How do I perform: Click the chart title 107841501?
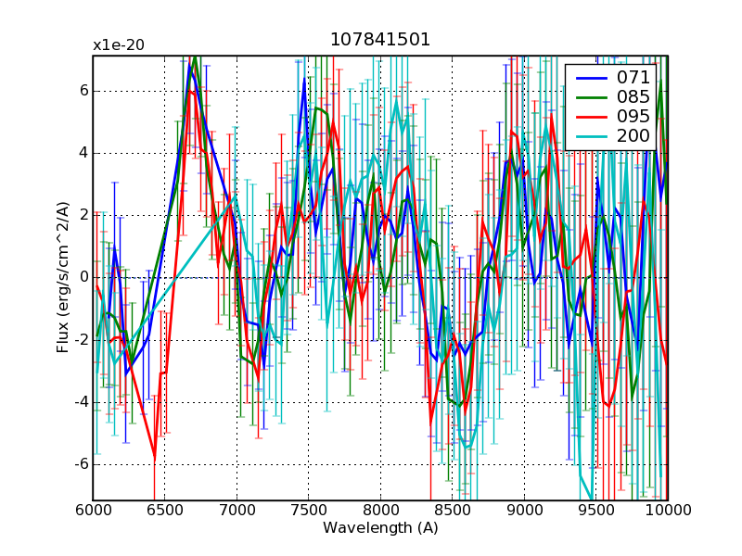click(x=380, y=41)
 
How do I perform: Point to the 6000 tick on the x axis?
click(x=93, y=511)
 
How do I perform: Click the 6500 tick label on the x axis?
click(x=165, y=511)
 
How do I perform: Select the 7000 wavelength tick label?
click(x=237, y=511)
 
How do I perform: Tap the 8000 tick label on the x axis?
click(x=380, y=511)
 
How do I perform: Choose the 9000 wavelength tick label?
click(x=524, y=511)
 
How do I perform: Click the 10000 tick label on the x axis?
click(x=668, y=511)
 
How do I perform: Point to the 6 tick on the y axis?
click(x=83, y=91)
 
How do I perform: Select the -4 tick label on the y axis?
click(x=80, y=403)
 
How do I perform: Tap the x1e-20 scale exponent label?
click(x=118, y=44)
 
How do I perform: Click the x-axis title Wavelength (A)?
click(x=380, y=528)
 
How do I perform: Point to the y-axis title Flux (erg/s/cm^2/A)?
click(x=63, y=278)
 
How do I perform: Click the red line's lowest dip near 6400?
click(x=154, y=456)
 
